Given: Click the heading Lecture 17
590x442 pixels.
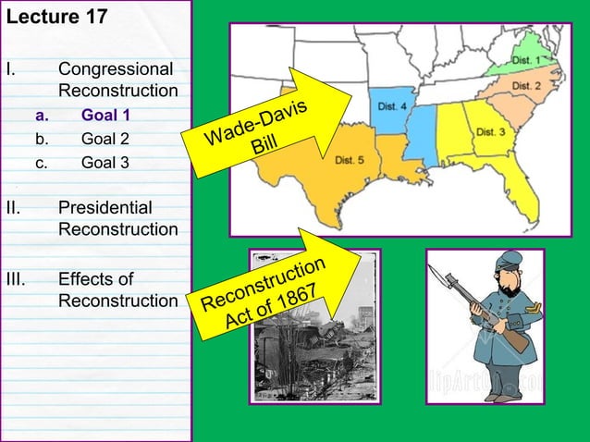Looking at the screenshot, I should [x=56, y=18].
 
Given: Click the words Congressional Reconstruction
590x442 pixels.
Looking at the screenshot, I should [x=117, y=80].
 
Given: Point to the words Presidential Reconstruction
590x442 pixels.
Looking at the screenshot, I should [x=117, y=218].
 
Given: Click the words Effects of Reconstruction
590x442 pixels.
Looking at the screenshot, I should [x=117, y=289].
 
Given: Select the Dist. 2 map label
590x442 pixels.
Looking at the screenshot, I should [x=525, y=86].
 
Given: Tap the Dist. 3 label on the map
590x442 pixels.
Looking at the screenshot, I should [x=489, y=132].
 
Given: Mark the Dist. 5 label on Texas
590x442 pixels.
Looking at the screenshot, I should [x=350, y=160].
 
